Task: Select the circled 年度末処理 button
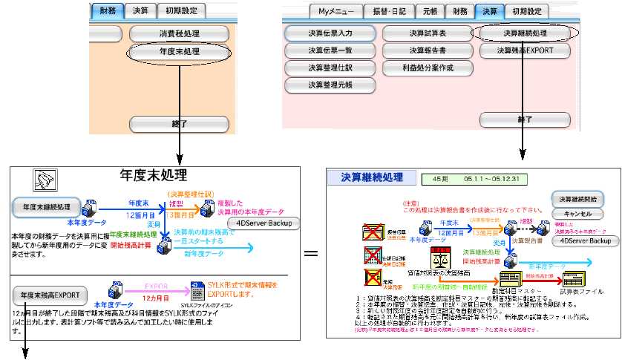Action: coord(179,53)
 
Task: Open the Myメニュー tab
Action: coord(335,11)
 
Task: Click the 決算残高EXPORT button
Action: coord(525,50)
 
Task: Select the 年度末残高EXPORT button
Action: coord(50,294)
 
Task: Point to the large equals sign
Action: coord(312,254)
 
